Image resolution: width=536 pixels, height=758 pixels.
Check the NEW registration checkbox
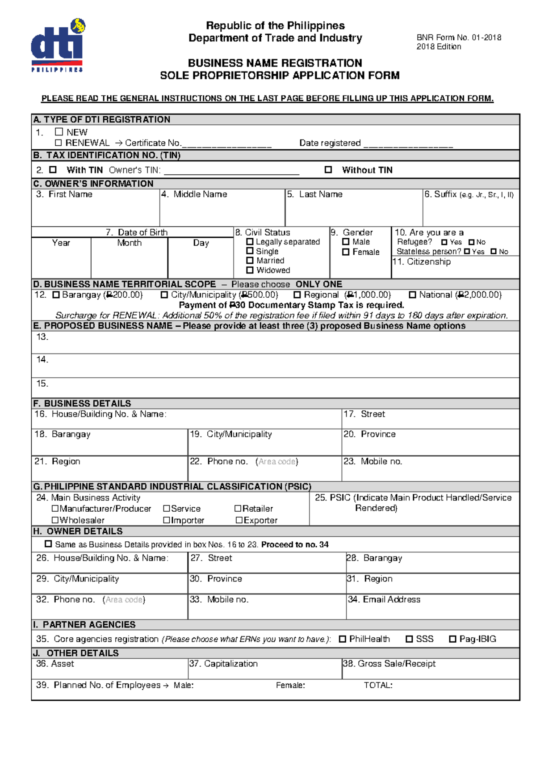point(59,132)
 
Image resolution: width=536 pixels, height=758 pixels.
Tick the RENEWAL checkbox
point(58,143)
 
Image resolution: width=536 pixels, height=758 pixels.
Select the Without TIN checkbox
point(328,170)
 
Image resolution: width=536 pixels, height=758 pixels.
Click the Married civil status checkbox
point(250,261)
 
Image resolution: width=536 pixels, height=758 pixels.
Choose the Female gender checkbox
point(346,252)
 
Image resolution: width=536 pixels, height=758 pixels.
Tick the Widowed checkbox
point(250,270)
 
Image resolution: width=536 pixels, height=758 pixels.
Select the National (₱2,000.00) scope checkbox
point(413,295)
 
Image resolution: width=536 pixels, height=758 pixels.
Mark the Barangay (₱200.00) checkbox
point(56,295)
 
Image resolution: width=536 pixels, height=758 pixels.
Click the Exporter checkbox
point(239,520)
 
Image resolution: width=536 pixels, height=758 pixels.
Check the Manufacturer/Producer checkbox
point(55,509)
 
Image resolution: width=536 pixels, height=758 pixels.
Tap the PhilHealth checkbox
point(343,639)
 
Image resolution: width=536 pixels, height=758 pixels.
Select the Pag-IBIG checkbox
point(452,639)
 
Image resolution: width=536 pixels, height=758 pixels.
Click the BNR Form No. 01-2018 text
point(459,38)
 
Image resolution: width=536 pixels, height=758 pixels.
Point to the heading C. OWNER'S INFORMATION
point(93,184)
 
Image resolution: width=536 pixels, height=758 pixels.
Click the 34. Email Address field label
point(384,600)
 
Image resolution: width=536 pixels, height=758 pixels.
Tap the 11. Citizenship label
point(422,262)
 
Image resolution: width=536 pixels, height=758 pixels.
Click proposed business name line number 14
point(42,360)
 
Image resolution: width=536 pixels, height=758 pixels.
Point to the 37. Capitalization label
point(224,664)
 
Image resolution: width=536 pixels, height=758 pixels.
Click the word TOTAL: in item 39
point(378,686)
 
